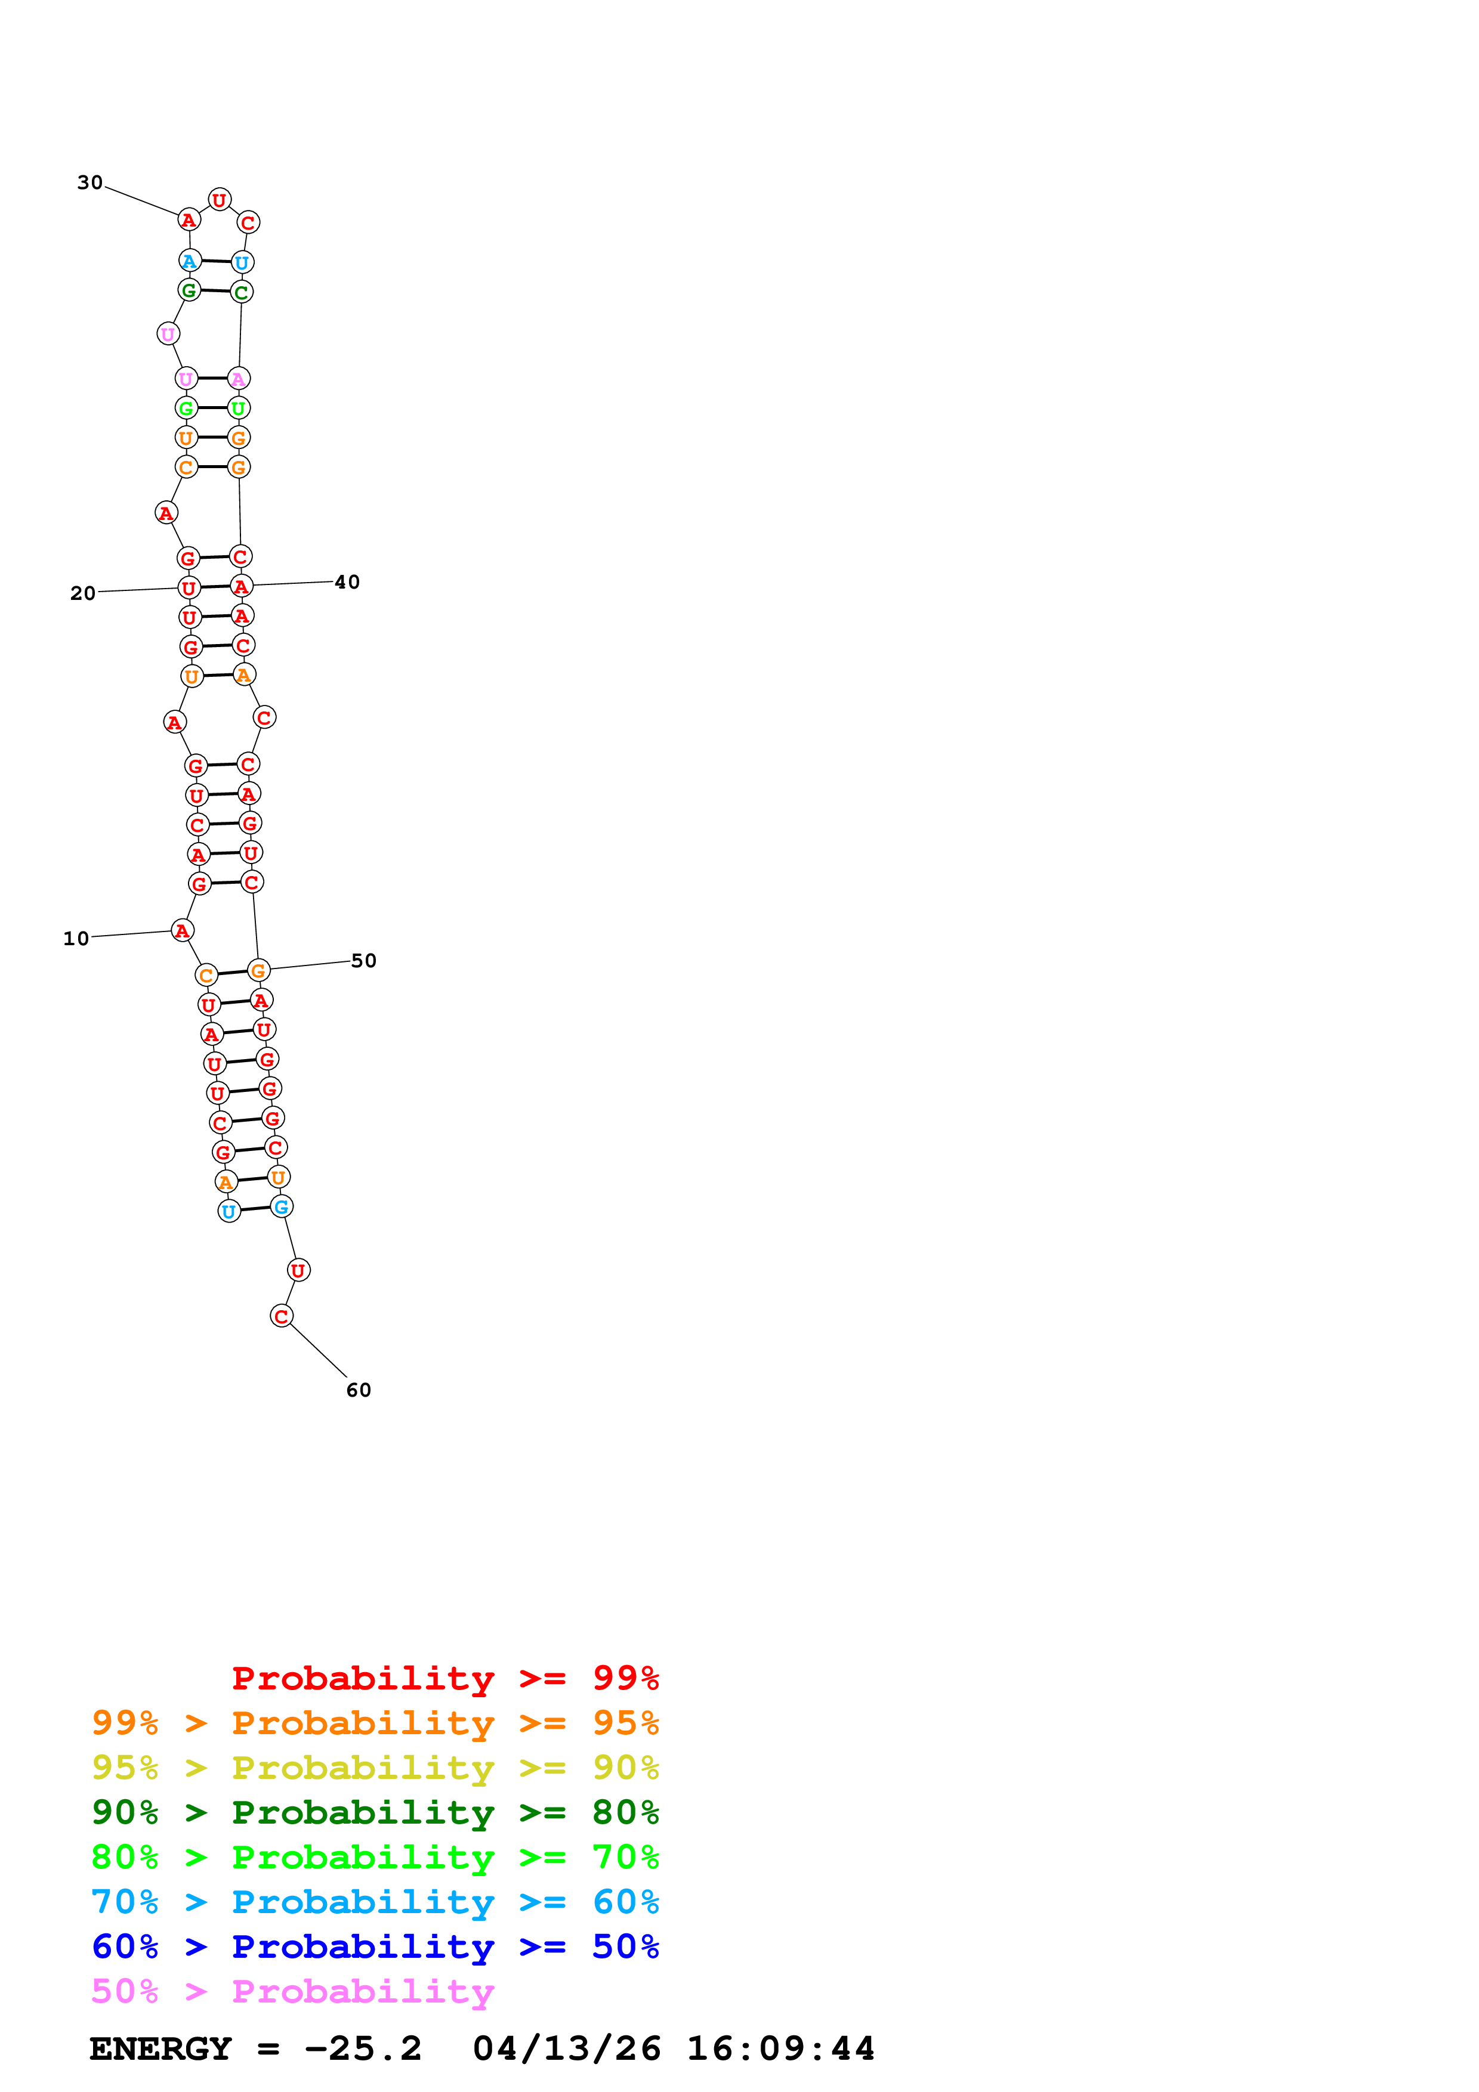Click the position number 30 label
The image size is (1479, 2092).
tap(89, 183)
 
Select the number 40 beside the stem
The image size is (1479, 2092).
tap(347, 582)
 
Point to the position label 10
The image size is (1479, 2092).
tap(76, 939)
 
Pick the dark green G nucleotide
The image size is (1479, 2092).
tap(189, 290)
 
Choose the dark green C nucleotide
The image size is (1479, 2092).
tap(242, 292)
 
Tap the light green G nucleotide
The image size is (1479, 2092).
tap(186, 408)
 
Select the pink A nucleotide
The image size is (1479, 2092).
tap(239, 378)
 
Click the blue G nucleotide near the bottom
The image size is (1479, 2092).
tap(282, 1207)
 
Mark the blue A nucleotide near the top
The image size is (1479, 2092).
tap(190, 261)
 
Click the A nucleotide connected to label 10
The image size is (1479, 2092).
tap(182, 930)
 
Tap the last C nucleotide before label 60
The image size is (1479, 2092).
tap(282, 1316)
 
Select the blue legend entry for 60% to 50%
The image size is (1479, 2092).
tap(375, 1946)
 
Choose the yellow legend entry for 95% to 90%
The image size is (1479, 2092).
tap(375, 1768)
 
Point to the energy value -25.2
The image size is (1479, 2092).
tap(363, 2049)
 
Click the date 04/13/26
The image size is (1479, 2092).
tap(566, 2049)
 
